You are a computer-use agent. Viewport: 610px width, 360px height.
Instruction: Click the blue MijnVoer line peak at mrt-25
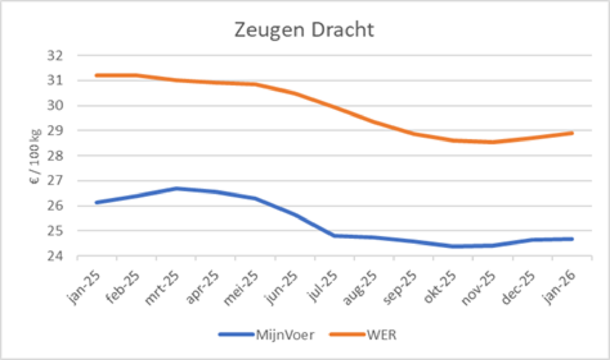point(176,189)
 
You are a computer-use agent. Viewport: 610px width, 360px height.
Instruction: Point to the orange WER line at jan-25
point(97,75)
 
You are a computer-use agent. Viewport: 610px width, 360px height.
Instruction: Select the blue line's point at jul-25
point(334,236)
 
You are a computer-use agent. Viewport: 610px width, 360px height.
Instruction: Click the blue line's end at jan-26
point(573,239)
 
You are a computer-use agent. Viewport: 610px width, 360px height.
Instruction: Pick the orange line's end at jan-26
point(573,133)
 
